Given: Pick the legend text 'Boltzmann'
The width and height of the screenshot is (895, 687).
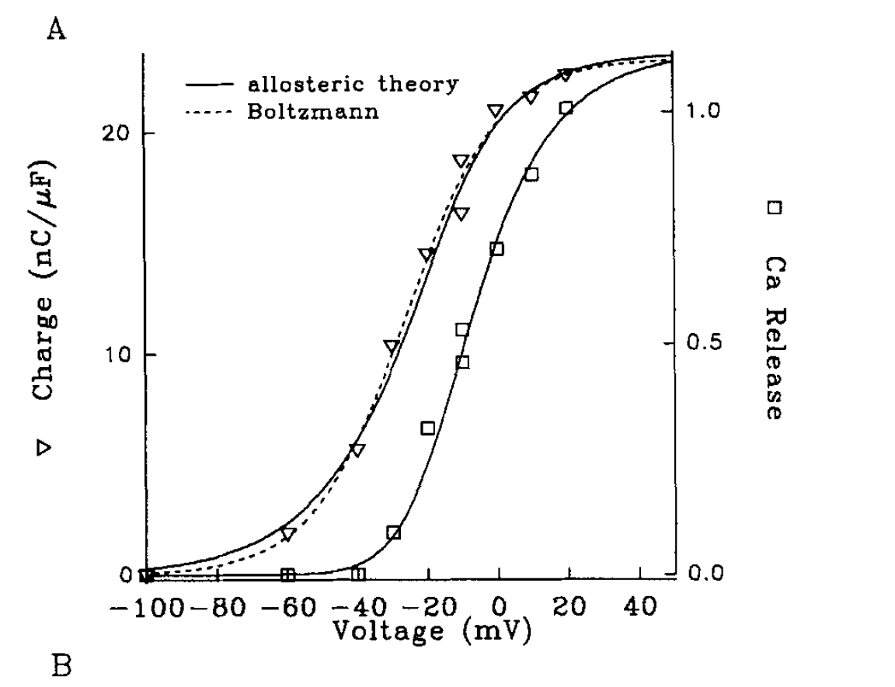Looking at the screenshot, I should (314, 111).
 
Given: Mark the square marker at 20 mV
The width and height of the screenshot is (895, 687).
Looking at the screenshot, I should (566, 108).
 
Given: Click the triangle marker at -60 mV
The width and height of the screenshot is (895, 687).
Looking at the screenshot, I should (288, 534).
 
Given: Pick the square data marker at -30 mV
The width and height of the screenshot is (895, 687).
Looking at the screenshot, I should (393, 533).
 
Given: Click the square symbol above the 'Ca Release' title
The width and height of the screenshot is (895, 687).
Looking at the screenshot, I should (773, 208).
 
